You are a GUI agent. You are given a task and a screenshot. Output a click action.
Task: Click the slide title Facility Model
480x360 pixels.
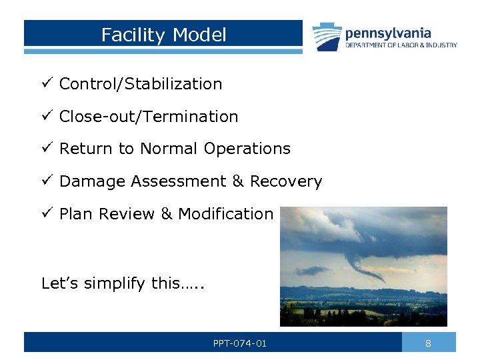pos(163,35)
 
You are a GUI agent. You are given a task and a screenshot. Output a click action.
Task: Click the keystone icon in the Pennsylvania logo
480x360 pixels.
pos(327,37)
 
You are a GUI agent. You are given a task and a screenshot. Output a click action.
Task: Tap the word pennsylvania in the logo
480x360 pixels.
pos(387,33)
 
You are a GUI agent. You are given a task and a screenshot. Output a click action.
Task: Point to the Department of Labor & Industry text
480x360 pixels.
pos(401,45)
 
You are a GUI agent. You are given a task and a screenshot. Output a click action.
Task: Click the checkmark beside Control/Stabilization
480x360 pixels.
pos(46,84)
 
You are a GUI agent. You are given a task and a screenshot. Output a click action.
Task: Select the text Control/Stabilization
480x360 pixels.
pos(140,84)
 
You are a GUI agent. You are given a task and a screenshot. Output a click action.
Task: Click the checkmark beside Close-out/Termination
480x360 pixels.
pos(46,117)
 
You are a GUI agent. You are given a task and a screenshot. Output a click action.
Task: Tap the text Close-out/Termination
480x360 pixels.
pos(148,117)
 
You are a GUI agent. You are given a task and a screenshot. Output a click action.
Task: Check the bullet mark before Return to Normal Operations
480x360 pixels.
pos(46,149)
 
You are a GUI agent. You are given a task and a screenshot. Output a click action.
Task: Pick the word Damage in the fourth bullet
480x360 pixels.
pos(92,181)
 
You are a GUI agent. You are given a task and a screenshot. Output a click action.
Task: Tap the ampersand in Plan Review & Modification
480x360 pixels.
pos(166,214)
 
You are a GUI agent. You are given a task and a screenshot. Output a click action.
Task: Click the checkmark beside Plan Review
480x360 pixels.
pos(46,214)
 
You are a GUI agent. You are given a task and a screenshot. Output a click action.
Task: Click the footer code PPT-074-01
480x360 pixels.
pos(239,343)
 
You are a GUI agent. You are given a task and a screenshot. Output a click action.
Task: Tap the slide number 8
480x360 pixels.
pos(429,343)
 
